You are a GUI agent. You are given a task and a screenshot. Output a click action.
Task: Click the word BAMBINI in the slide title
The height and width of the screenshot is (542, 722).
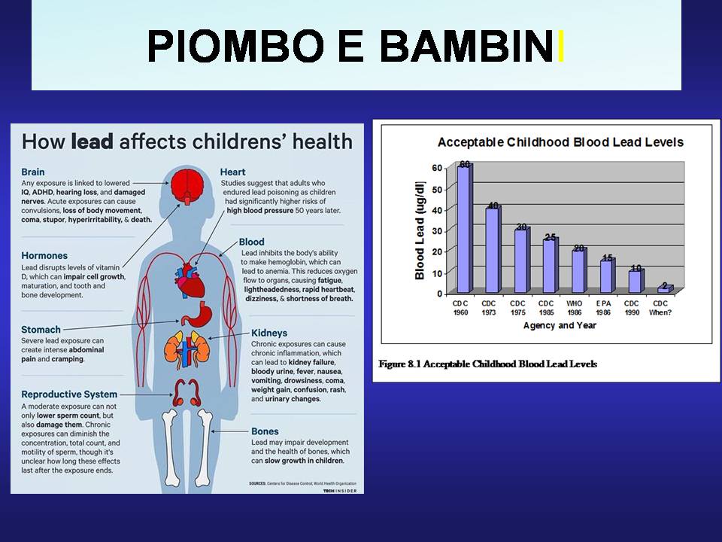click(472, 46)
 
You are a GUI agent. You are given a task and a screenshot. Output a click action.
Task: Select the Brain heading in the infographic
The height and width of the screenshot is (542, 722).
click(32, 172)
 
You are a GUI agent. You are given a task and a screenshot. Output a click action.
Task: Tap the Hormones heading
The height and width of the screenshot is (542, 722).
click(44, 256)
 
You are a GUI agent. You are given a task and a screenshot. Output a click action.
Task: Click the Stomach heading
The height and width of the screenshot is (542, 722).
click(41, 330)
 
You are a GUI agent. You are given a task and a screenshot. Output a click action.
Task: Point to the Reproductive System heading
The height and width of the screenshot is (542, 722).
click(69, 394)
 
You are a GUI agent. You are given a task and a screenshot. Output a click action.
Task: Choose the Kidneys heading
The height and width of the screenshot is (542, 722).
click(269, 333)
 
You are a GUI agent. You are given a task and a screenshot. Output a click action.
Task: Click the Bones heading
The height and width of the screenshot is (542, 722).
click(265, 431)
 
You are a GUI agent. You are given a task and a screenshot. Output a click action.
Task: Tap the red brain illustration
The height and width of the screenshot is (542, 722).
click(187, 185)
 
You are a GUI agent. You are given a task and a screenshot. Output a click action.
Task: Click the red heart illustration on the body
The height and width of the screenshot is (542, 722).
click(190, 281)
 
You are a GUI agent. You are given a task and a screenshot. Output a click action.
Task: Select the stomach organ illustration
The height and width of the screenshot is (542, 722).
click(196, 315)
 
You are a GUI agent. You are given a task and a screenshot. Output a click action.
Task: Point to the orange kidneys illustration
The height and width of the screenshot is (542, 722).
click(187, 349)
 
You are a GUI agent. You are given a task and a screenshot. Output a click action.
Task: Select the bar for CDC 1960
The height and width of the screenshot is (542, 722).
click(464, 229)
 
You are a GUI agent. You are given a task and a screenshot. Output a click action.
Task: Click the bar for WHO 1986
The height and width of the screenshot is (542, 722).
click(579, 270)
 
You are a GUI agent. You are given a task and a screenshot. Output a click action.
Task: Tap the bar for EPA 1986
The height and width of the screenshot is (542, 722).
click(608, 276)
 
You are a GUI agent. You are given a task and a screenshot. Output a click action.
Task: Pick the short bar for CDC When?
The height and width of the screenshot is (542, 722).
click(666, 288)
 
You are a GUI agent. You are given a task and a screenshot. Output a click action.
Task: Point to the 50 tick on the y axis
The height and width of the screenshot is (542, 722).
click(436, 189)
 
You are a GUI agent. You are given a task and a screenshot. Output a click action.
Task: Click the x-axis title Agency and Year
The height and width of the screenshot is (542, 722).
click(560, 325)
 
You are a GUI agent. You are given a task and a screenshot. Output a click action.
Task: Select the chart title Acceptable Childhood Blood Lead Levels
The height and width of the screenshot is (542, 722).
click(560, 142)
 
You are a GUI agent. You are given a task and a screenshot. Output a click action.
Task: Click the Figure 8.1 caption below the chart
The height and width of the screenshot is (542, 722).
click(487, 364)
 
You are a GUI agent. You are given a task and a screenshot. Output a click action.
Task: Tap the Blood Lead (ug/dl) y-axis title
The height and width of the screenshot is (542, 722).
click(420, 230)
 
